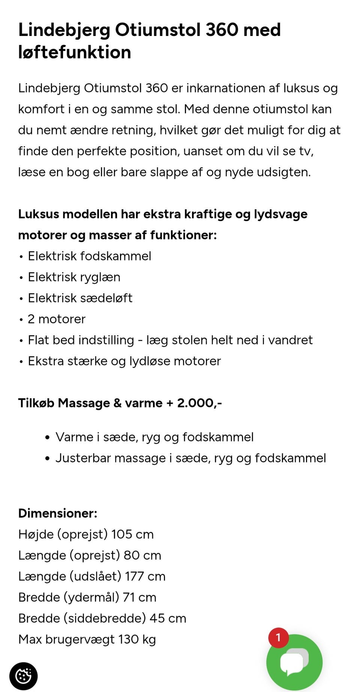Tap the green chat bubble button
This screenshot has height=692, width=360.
coord(294,662)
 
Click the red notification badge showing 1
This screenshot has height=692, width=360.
coord(278,638)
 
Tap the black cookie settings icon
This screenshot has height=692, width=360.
coord(23,676)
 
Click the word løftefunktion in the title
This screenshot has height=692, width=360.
coord(75,52)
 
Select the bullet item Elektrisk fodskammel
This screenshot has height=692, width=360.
coord(89,256)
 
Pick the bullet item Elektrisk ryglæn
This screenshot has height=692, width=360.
coord(74,277)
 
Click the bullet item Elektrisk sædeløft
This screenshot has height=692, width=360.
coord(80,298)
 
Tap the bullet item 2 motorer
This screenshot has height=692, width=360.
coord(56,319)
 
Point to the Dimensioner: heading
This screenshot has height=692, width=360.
coord(58,513)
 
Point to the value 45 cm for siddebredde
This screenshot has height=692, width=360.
coord(168,618)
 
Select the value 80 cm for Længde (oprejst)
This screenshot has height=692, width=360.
coord(142,555)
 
